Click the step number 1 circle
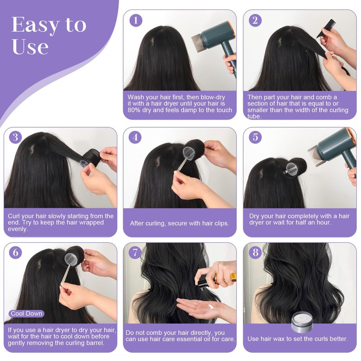136,20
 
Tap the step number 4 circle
135,137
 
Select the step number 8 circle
255,252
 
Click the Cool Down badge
26,314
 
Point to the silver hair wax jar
302,323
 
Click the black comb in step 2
324,29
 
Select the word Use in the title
30,47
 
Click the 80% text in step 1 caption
134,110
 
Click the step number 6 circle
15,252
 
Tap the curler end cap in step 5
293,170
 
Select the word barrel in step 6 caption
95,343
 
